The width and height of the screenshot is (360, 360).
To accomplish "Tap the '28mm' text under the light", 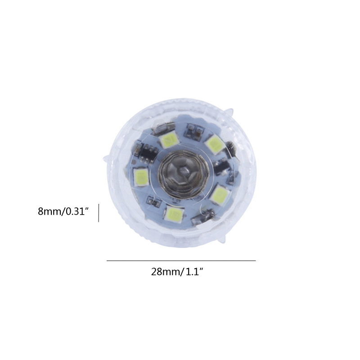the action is tap(165, 272).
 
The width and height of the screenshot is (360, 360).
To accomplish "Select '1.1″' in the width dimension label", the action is tap(194, 272).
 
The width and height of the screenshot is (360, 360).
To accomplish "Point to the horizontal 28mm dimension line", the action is tap(181, 261).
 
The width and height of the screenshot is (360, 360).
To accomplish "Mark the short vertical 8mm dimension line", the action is tap(99, 212).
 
